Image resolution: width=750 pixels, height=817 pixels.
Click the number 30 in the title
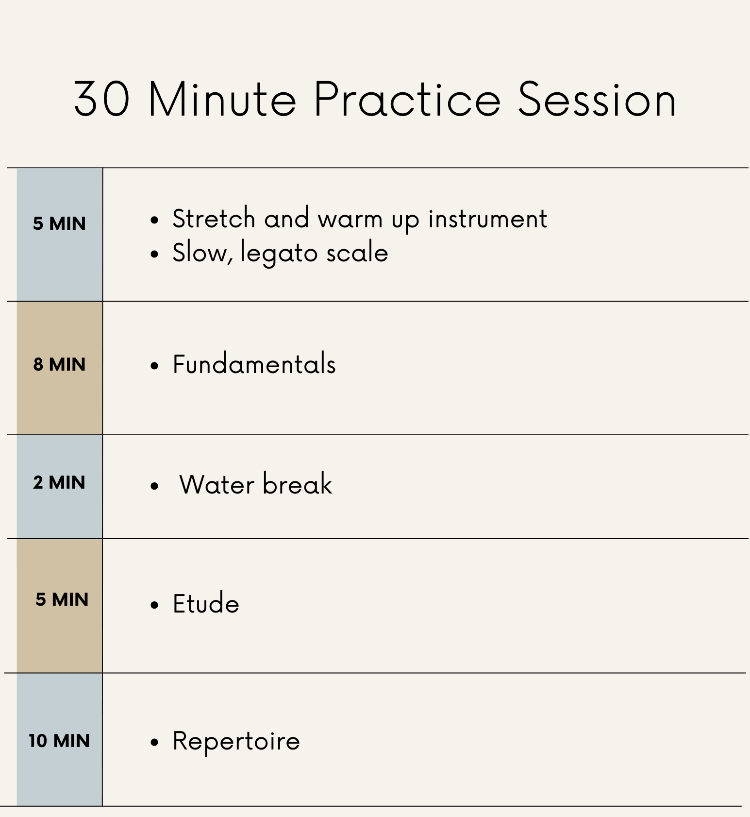(102, 99)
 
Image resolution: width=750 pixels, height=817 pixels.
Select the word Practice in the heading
(407, 99)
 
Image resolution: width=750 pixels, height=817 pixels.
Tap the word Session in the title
(597, 99)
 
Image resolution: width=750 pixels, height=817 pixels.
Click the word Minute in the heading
(222, 99)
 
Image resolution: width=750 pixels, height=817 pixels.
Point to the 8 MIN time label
(59, 364)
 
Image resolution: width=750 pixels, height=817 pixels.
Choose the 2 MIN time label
(59, 482)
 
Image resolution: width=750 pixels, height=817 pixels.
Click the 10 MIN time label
(59, 741)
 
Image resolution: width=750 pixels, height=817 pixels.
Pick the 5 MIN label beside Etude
(62, 599)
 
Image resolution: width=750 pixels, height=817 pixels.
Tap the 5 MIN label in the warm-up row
(59, 223)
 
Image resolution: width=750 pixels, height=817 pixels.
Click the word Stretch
(214, 218)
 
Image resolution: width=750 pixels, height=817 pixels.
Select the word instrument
(488, 218)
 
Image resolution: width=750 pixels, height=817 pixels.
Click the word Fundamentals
(254, 364)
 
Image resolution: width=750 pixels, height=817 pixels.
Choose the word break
(298, 484)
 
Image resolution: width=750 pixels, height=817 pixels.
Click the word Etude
(206, 604)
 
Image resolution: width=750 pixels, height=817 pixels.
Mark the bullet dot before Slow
(154, 255)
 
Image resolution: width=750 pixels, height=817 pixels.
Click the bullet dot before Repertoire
(154, 742)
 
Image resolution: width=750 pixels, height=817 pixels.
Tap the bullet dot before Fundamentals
(154, 366)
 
